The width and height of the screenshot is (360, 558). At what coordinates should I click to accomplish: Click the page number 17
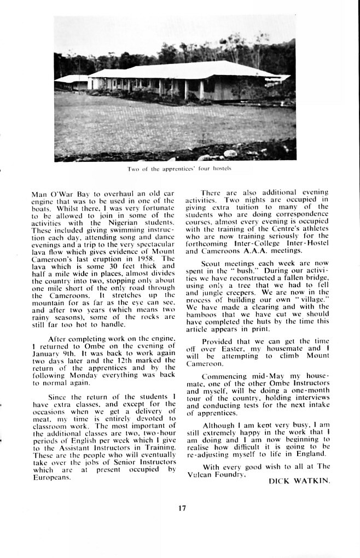182,508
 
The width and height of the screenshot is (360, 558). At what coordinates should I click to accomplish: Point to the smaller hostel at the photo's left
72,83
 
